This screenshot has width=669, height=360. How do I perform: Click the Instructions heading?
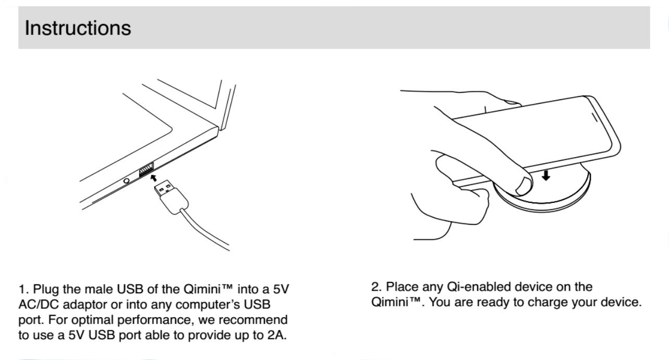point(78,28)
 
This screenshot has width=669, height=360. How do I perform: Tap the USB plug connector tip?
point(164,188)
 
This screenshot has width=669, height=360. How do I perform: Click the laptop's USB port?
point(147,170)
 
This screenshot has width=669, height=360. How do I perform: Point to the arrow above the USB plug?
point(153,178)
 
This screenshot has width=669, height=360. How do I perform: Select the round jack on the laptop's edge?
point(126,181)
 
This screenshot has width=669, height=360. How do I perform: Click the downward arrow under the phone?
point(546,175)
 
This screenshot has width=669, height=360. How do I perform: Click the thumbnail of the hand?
point(523,186)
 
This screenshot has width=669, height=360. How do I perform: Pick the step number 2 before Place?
point(376,287)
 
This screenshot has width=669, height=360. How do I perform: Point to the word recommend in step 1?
point(253,320)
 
